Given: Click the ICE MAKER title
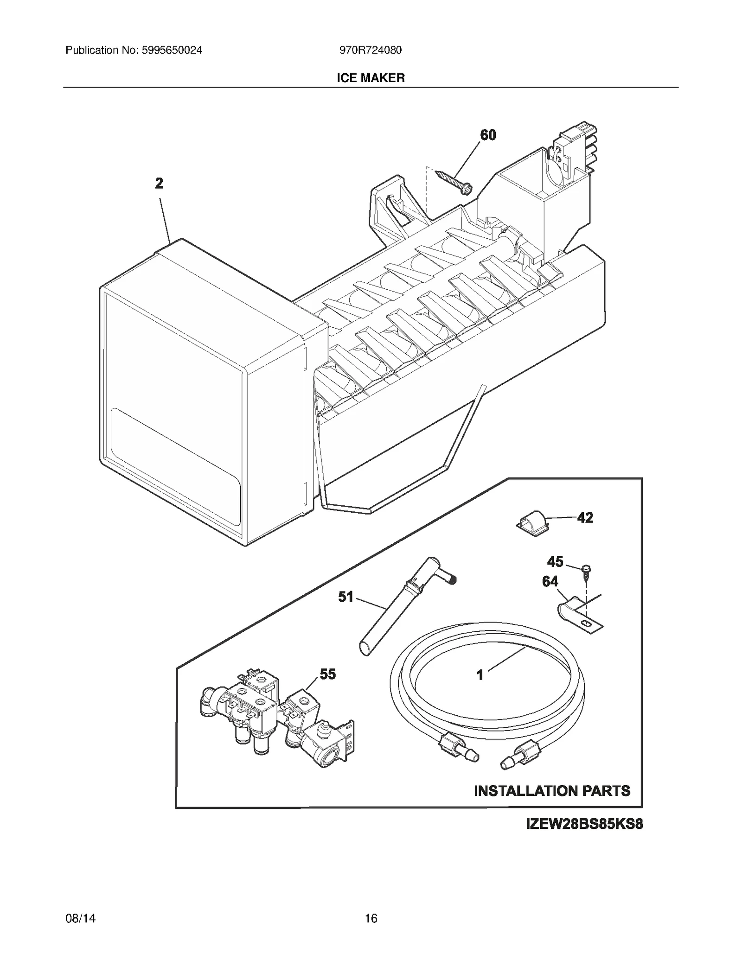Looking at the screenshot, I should tap(371, 78).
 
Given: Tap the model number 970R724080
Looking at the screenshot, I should tap(370, 50).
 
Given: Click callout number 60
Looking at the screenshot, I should tap(488, 135).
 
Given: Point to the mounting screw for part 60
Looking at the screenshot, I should tap(455, 181).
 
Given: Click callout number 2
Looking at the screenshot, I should tap(159, 184).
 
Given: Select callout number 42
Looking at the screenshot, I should tap(585, 518).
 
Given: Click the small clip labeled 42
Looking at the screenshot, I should tap(533, 523).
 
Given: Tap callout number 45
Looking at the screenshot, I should tap(555, 562).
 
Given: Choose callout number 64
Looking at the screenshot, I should tap(550, 581).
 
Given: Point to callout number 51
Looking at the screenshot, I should tap(345, 597).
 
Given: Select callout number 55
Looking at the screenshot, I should tap(327, 674).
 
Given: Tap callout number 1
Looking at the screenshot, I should tap(480, 675).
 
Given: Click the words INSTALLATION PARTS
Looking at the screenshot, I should tap(552, 790).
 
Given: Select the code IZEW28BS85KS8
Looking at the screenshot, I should tap(584, 825).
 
